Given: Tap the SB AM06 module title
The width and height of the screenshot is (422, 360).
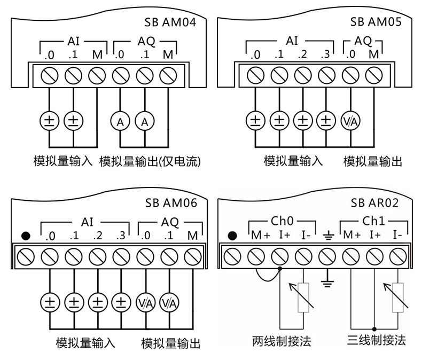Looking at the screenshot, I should (x=170, y=203).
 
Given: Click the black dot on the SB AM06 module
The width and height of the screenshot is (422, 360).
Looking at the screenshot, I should (x=25, y=236).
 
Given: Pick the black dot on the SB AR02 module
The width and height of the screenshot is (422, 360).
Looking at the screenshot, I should (x=231, y=236).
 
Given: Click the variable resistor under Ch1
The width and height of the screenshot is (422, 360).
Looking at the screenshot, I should (x=397, y=296).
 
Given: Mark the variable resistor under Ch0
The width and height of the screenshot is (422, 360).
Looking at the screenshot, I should (x=303, y=296).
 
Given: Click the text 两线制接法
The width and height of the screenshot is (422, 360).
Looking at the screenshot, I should (x=282, y=340).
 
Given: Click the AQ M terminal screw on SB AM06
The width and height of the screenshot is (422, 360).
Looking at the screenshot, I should (x=191, y=256).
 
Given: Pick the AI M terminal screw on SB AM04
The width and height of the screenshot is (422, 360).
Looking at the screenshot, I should (x=96, y=76).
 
